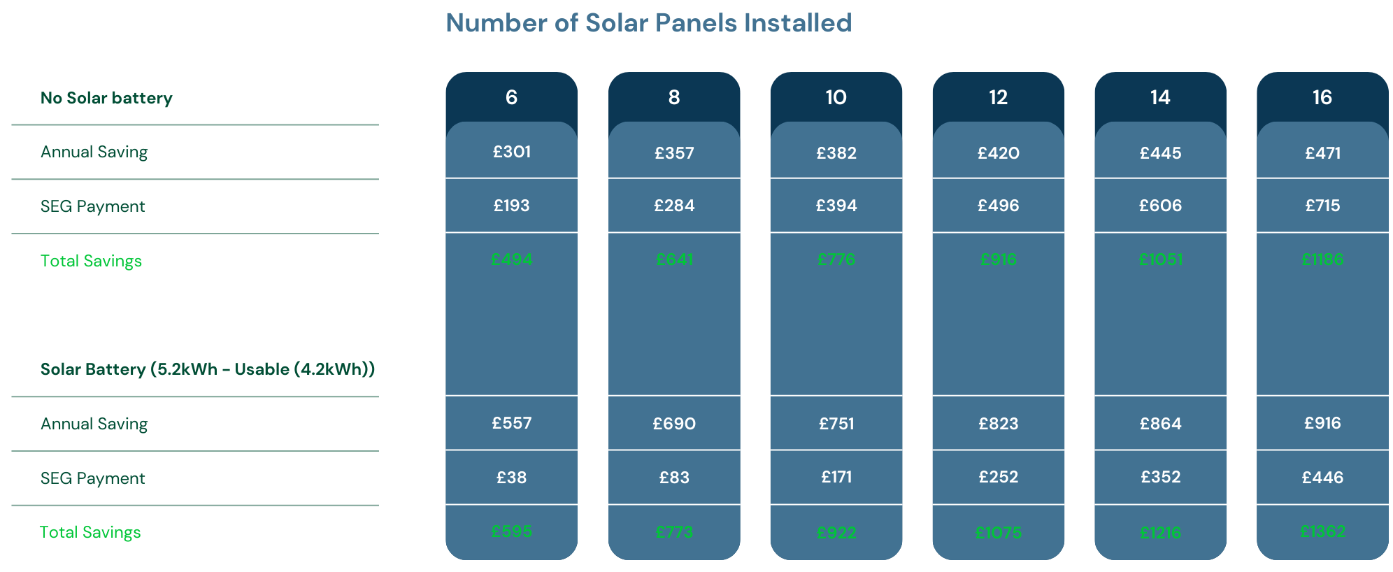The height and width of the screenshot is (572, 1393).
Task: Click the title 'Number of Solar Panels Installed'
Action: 648,23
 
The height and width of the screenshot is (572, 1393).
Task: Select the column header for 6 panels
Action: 511,97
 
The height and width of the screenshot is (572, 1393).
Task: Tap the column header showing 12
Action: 998,97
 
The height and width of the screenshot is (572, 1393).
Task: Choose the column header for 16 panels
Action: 1322,97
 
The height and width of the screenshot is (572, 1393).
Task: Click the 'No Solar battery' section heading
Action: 106,98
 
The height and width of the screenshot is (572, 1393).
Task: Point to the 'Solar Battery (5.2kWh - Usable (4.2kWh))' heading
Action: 207,369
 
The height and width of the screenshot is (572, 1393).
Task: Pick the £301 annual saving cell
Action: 511,152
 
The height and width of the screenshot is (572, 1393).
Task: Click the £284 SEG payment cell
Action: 674,206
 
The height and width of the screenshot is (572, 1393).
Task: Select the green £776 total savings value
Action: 836,259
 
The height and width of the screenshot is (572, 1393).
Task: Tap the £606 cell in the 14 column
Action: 1160,206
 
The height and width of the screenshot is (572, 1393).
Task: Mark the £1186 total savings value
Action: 1322,259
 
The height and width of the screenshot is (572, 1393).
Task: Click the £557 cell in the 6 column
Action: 511,423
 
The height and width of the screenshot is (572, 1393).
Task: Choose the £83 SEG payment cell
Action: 674,478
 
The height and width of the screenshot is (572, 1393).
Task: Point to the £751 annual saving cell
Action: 836,424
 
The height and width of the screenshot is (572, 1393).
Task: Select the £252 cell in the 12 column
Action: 998,477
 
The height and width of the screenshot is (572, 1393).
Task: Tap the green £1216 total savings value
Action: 1160,533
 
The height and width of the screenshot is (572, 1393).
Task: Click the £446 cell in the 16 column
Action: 1322,478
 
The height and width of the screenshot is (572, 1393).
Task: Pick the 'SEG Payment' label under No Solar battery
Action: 92,206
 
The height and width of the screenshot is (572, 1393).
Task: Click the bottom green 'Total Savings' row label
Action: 90,532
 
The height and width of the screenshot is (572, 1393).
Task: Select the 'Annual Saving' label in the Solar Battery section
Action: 94,424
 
